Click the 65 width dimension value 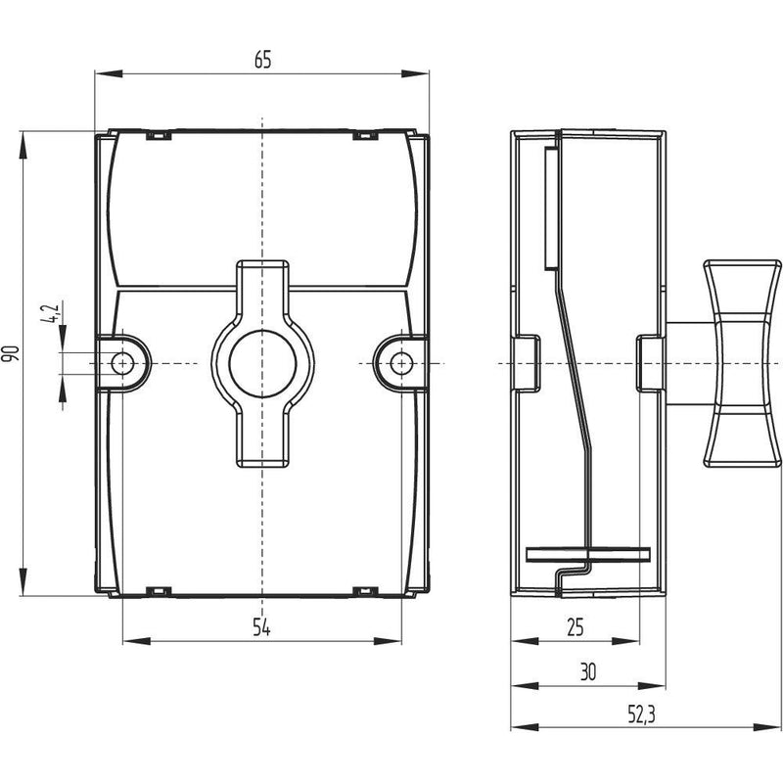[x=262, y=60]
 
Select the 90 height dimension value [x=11, y=353]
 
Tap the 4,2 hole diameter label [x=51, y=312]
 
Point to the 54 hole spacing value [x=261, y=627]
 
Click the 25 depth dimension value [x=576, y=627]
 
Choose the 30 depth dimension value [x=588, y=672]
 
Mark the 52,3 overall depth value [x=641, y=715]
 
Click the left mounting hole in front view [x=122, y=363]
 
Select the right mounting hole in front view [x=401, y=363]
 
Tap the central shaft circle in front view [x=262, y=363]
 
